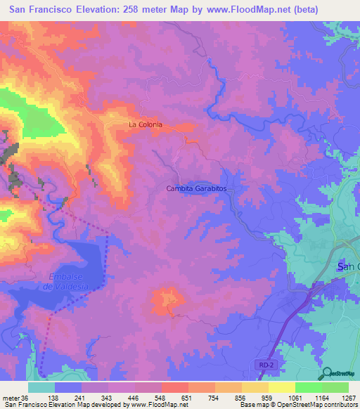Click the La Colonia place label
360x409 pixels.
pos(145,124)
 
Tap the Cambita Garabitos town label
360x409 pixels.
pos(199,188)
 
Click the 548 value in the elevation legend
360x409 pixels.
pos(166,398)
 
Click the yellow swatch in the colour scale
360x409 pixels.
pos(281,387)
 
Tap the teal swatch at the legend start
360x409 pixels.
pos(41,387)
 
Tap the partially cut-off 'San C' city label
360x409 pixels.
pos(349,267)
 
